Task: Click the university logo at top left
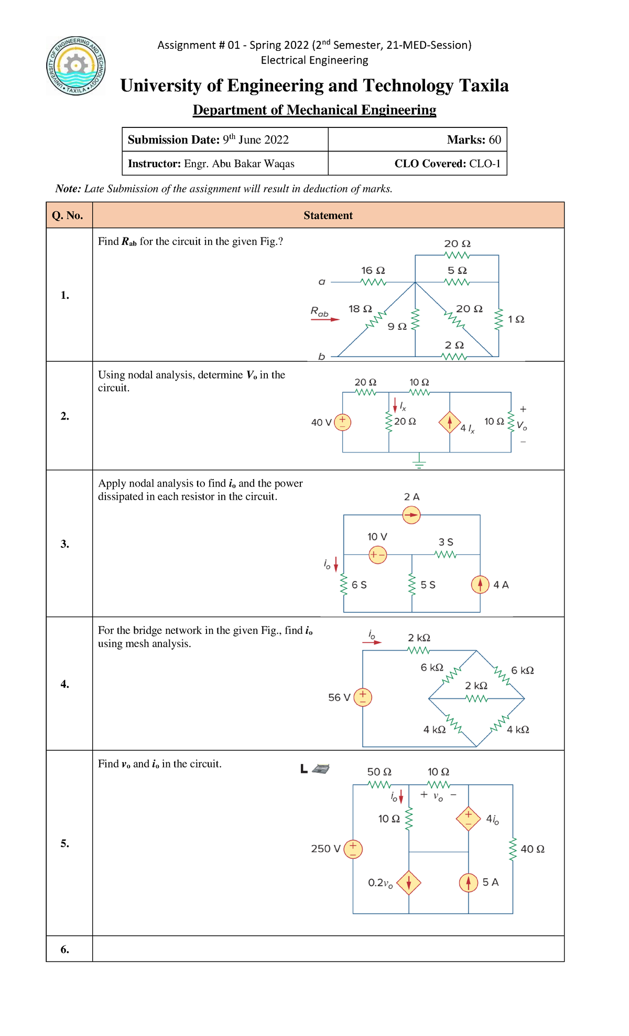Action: coord(77,66)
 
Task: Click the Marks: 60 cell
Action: coord(473,139)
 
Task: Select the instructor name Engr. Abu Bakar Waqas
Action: coord(239,164)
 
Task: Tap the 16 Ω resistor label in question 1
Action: coord(373,271)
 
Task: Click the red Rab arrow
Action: coord(325,319)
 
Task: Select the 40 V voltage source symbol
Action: coord(342,422)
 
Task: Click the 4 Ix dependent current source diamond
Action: coord(450,423)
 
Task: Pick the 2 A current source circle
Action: coord(411,515)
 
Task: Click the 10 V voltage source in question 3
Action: coord(377,555)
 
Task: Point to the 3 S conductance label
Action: coord(446,542)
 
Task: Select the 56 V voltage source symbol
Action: coord(363,697)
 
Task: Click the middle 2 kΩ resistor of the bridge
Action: coord(476,698)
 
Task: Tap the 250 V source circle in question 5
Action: coord(353,849)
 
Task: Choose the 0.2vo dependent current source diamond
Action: coord(409,883)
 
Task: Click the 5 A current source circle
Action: coord(468,883)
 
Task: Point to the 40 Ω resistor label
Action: coord(532,849)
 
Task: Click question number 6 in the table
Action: coord(64,949)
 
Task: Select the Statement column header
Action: coord(328,215)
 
